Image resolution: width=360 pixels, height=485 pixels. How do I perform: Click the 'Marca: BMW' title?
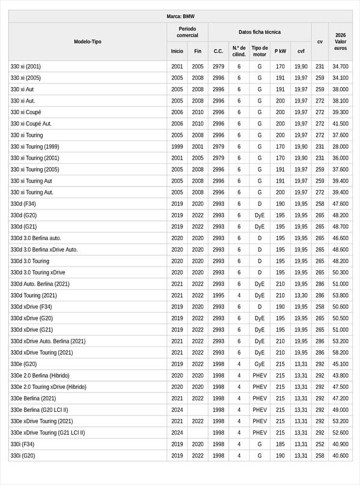(x=180, y=17)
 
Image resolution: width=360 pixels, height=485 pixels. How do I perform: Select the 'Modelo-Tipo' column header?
(x=88, y=42)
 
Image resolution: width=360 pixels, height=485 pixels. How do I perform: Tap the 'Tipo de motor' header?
(x=259, y=51)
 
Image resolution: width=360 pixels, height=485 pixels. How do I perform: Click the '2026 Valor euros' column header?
(x=340, y=41)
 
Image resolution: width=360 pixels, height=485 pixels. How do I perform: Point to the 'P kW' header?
(x=280, y=51)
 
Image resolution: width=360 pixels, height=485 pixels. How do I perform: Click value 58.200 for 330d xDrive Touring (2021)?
(x=340, y=352)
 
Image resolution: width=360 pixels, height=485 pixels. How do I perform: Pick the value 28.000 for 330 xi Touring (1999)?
(x=340, y=146)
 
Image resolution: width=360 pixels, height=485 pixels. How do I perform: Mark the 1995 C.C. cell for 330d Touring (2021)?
(x=218, y=295)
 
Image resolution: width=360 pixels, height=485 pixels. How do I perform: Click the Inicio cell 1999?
(x=177, y=146)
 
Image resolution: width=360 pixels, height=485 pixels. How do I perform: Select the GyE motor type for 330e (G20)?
(x=259, y=364)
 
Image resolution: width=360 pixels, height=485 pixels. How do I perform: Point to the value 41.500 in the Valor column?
(x=340, y=124)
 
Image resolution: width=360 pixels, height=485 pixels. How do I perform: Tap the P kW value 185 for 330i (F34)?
(x=280, y=444)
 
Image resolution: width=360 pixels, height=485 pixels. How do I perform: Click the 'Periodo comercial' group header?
(x=187, y=32)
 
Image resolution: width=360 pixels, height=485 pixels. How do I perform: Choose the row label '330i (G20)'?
(x=23, y=456)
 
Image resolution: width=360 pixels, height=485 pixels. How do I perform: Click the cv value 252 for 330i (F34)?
(x=320, y=444)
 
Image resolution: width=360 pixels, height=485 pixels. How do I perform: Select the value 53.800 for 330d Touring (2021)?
(x=340, y=295)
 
